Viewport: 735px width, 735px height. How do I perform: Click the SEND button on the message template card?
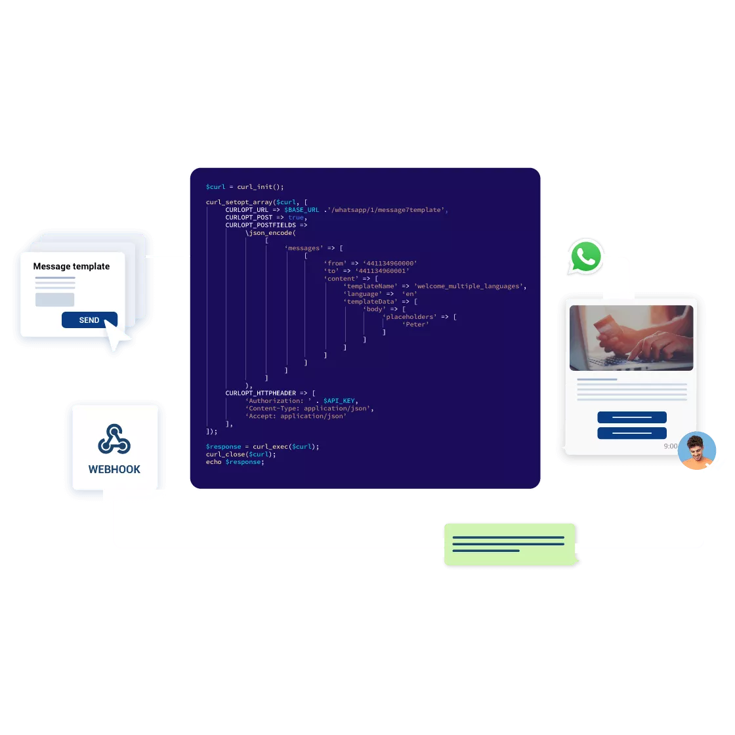(x=89, y=320)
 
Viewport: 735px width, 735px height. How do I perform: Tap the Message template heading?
(x=72, y=266)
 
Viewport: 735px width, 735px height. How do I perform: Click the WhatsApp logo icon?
(x=585, y=256)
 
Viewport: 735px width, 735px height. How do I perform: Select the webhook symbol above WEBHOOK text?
(x=114, y=439)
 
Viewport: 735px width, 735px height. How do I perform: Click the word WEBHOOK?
(x=114, y=469)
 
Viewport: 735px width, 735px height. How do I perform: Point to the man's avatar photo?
(x=697, y=451)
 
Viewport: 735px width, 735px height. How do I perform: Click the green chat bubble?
(x=509, y=544)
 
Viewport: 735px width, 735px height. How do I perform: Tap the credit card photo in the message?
(x=631, y=338)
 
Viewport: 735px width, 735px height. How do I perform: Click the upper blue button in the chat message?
(x=631, y=417)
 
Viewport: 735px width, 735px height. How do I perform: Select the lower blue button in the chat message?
(x=631, y=433)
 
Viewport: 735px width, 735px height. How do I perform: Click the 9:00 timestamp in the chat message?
(x=670, y=446)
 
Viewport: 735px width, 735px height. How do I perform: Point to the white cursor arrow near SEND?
(x=118, y=339)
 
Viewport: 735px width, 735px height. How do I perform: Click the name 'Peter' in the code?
(x=416, y=324)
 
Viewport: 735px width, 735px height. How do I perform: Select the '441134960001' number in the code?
(x=383, y=270)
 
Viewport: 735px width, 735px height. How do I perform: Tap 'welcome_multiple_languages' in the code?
(x=469, y=286)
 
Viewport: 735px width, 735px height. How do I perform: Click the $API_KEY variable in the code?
(x=339, y=401)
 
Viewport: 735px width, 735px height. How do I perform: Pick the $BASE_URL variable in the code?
(x=301, y=210)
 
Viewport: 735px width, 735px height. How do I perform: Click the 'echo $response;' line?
(x=234, y=462)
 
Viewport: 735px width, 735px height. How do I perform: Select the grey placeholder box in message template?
(x=54, y=299)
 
